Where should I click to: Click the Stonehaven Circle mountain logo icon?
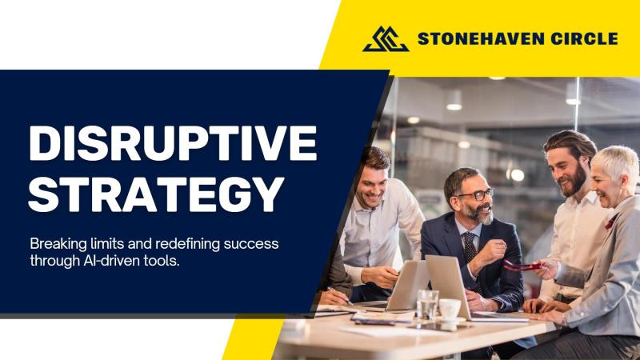click(x=386, y=39)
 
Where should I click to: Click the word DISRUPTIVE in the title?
click(x=173, y=143)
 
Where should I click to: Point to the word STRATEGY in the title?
click(x=156, y=194)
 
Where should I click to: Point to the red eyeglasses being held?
click(x=522, y=266)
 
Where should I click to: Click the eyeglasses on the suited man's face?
click(x=476, y=194)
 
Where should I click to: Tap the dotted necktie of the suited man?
click(x=470, y=247)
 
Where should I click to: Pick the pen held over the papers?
click(x=339, y=295)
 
